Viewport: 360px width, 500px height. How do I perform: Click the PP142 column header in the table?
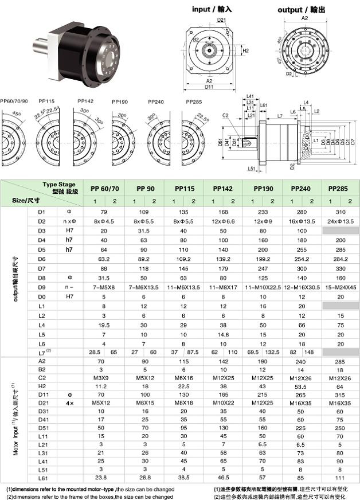tap(223, 189)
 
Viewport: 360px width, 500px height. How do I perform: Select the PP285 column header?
tap(341, 189)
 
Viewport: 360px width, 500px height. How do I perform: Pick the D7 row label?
tap(41, 268)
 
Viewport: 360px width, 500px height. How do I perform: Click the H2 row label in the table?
tap(41, 387)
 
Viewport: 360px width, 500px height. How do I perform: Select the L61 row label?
tap(41, 477)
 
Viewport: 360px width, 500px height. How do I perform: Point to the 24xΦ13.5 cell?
tap(341, 221)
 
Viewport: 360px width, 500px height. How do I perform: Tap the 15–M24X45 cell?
tap(341, 286)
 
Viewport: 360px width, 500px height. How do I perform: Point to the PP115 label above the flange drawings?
tap(46, 101)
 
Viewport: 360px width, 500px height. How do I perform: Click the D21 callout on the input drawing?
tap(206, 20)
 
